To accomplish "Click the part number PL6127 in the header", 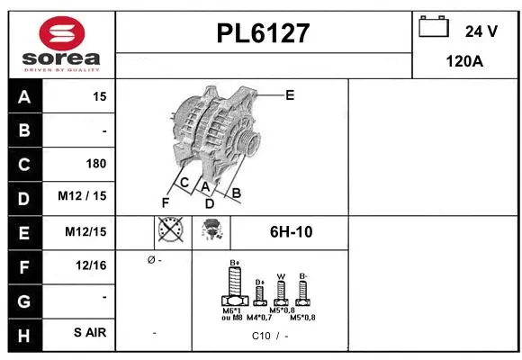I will [x=263, y=34].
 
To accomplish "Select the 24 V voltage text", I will [x=481, y=31].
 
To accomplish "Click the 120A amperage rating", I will [x=465, y=62].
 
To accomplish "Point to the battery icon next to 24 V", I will [x=434, y=28].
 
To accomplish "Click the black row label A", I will [x=23, y=96].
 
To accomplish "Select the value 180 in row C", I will [x=95, y=164].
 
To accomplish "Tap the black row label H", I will [x=23, y=333].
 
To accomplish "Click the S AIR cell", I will [x=90, y=333].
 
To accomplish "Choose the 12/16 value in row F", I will [x=92, y=265].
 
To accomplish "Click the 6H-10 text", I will [x=291, y=232].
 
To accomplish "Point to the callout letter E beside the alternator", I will [x=289, y=94].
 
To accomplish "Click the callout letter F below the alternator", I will [x=165, y=202].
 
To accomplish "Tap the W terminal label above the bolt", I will [x=281, y=276].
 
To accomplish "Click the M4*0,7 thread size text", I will [x=259, y=317].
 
